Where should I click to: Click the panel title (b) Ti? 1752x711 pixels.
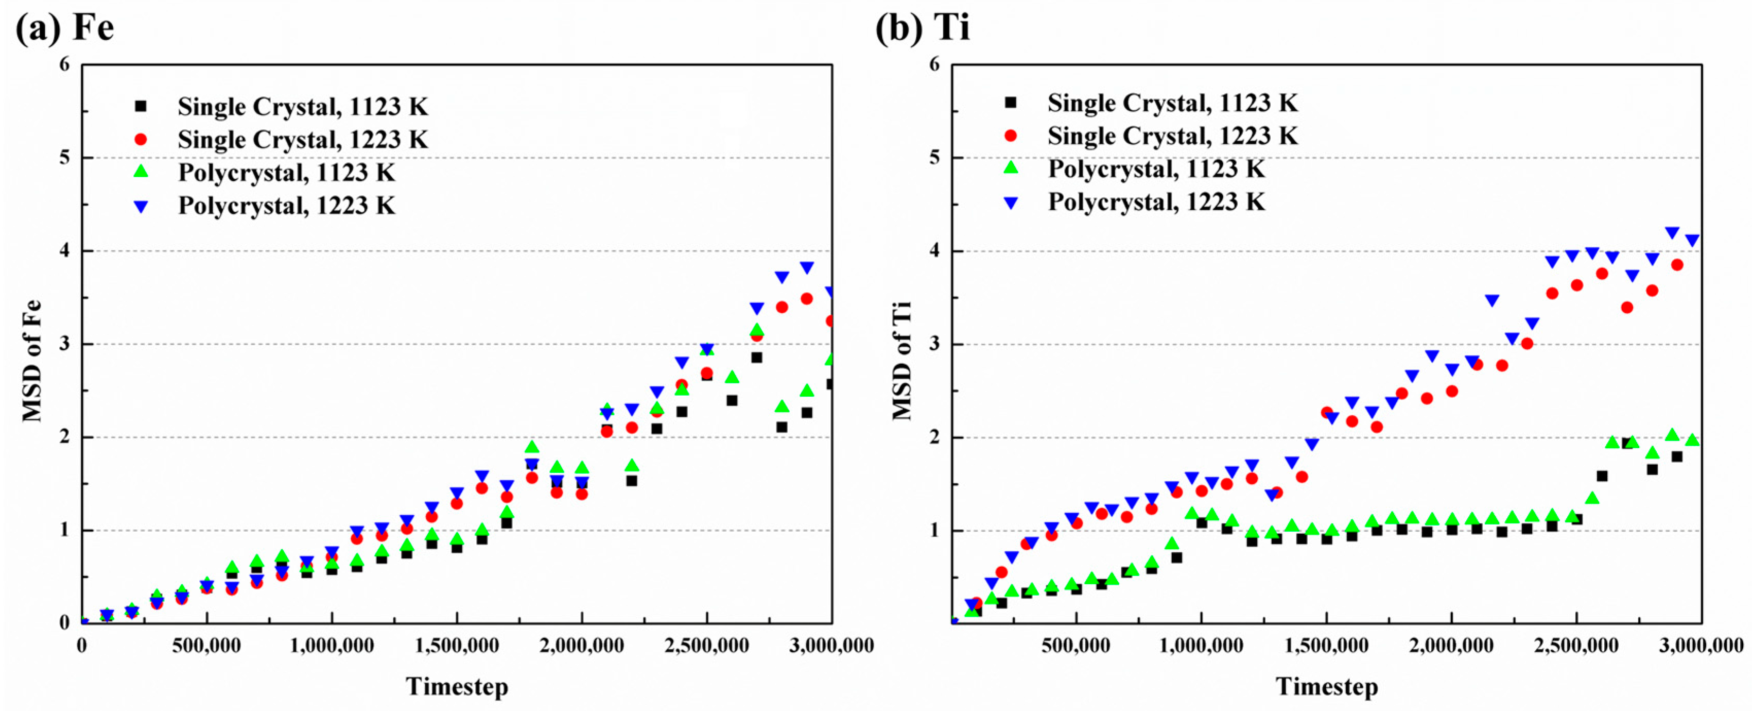click(x=923, y=28)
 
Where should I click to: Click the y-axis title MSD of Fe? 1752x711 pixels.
click(x=32, y=361)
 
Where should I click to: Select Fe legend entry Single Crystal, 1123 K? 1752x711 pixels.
click(x=303, y=107)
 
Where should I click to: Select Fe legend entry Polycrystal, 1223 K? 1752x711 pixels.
click(x=286, y=206)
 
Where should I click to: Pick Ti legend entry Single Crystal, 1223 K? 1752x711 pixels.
click(x=1172, y=136)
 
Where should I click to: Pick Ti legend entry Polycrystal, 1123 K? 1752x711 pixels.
click(x=1156, y=169)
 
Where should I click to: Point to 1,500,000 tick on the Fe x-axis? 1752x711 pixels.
click(x=457, y=645)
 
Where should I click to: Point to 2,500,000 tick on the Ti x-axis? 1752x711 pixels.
click(x=1576, y=645)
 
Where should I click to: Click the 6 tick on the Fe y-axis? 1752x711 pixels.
click(x=64, y=64)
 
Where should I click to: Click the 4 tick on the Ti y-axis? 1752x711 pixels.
click(x=934, y=251)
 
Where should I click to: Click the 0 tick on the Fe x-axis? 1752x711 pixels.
click(x=82, y=645)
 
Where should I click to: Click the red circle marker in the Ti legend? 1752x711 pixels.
click(x=1011, y=136)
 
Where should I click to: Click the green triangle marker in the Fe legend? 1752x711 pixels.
click(x=141, y=172)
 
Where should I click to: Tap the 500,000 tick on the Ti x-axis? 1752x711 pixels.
click(x=1076, y=645)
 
